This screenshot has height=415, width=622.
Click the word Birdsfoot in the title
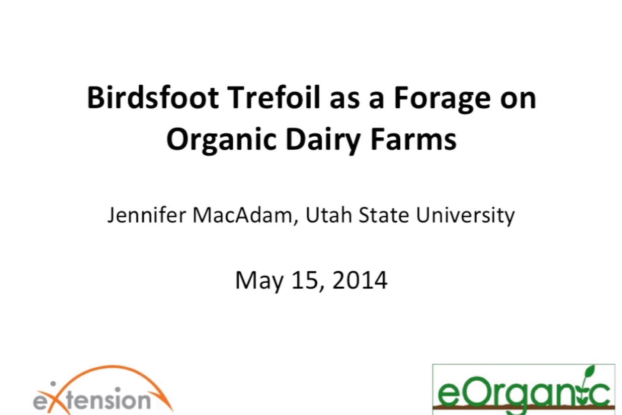(153, 98)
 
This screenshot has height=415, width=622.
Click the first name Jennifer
(147, 216)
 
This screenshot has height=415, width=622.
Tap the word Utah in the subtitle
(329, 215)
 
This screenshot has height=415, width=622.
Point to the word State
(384, 215)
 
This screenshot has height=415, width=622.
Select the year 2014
(360, 280)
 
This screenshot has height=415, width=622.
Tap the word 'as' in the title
(344, 101)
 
